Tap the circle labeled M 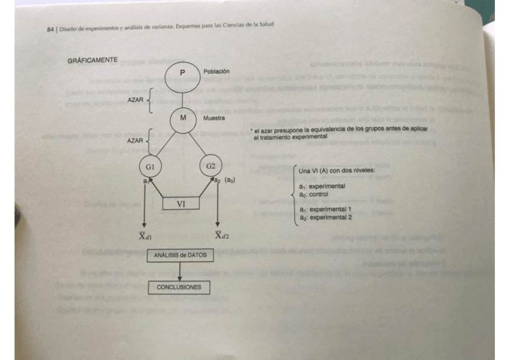point(182,118)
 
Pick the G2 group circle point(210,166)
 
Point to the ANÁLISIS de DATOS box point(180,255)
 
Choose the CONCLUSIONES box point(179,287)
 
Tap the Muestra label point(214,118)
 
